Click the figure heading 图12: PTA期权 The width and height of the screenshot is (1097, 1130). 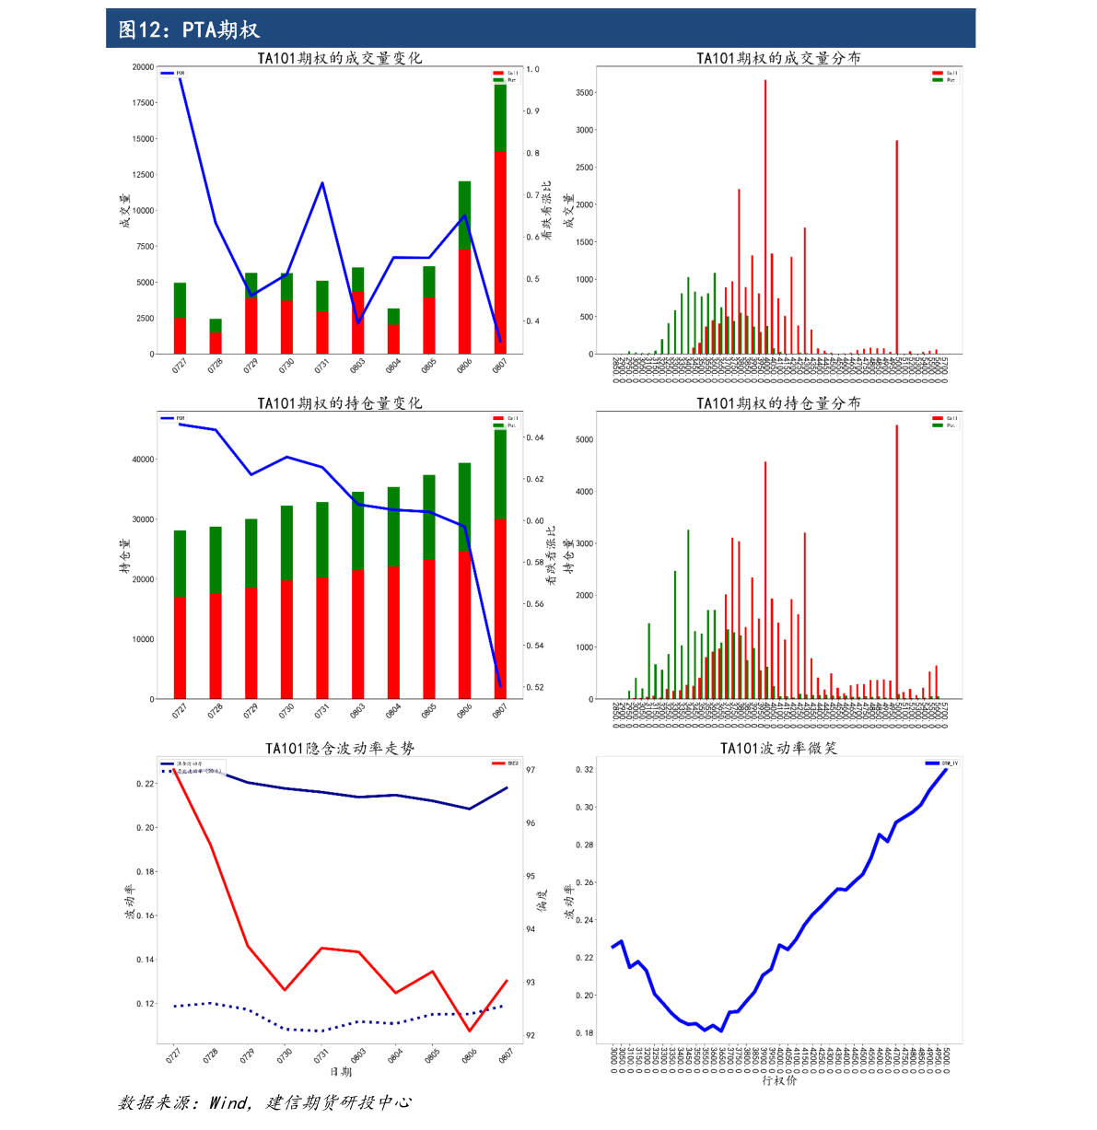click(189, 29)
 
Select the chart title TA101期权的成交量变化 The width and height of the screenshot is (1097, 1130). click(339, 58)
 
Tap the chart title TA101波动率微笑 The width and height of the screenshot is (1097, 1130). click(778, 748)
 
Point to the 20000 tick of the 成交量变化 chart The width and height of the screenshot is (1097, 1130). click(143, 67)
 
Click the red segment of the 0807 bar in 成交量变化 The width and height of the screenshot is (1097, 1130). click(500, 252)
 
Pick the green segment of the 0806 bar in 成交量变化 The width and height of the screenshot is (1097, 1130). click(464, 216)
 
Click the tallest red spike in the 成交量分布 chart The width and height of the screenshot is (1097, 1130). click(764, 216)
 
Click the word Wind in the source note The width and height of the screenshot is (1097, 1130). click(228, 1102)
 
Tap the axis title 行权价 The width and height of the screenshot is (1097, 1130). click(778, 1080)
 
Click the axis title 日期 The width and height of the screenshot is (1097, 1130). click(340, 1072)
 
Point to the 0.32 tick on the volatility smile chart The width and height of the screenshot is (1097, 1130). click(584, 770)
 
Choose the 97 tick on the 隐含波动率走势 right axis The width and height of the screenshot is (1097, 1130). click(531, 770)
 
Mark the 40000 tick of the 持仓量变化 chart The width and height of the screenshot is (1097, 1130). click(143, 460)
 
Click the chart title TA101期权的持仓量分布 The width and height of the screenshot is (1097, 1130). click(778, 403)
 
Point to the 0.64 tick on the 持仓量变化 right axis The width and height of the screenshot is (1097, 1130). click(534, 437)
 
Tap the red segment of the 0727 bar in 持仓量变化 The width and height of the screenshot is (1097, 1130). click(180, 647)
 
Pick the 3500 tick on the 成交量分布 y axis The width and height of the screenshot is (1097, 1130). click(584, 93)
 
